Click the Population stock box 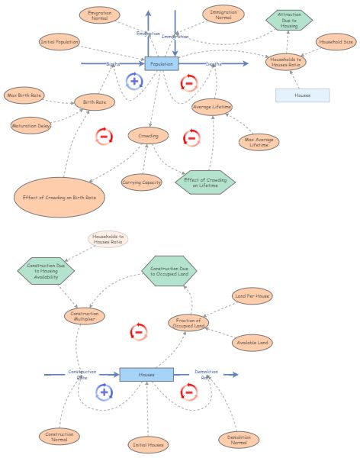click(x=162, y=64)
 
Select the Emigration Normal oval click(x=99, y=15)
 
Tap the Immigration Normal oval click(x=223, y=15)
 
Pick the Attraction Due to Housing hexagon click(x=288, y=21)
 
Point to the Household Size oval click(x=336, y=42)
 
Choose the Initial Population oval click(x=59, y=42)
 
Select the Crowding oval click(x=148, y=136)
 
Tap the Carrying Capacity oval click(x=141, y=182)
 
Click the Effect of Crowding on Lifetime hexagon click(x=205, y=182)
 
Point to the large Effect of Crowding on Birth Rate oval click(x=59, y=197)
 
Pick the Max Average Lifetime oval click(x=258, y=142)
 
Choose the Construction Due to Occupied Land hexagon click(x=169, y=271)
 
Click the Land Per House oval click(x=252, y=295)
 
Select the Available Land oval click(x=252, y=343)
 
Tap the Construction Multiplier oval click(x=84, y=316)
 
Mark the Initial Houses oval click(x=148, y=444)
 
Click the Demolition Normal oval click(x=239, y=440)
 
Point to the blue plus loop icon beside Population click(x=134, y=81)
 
